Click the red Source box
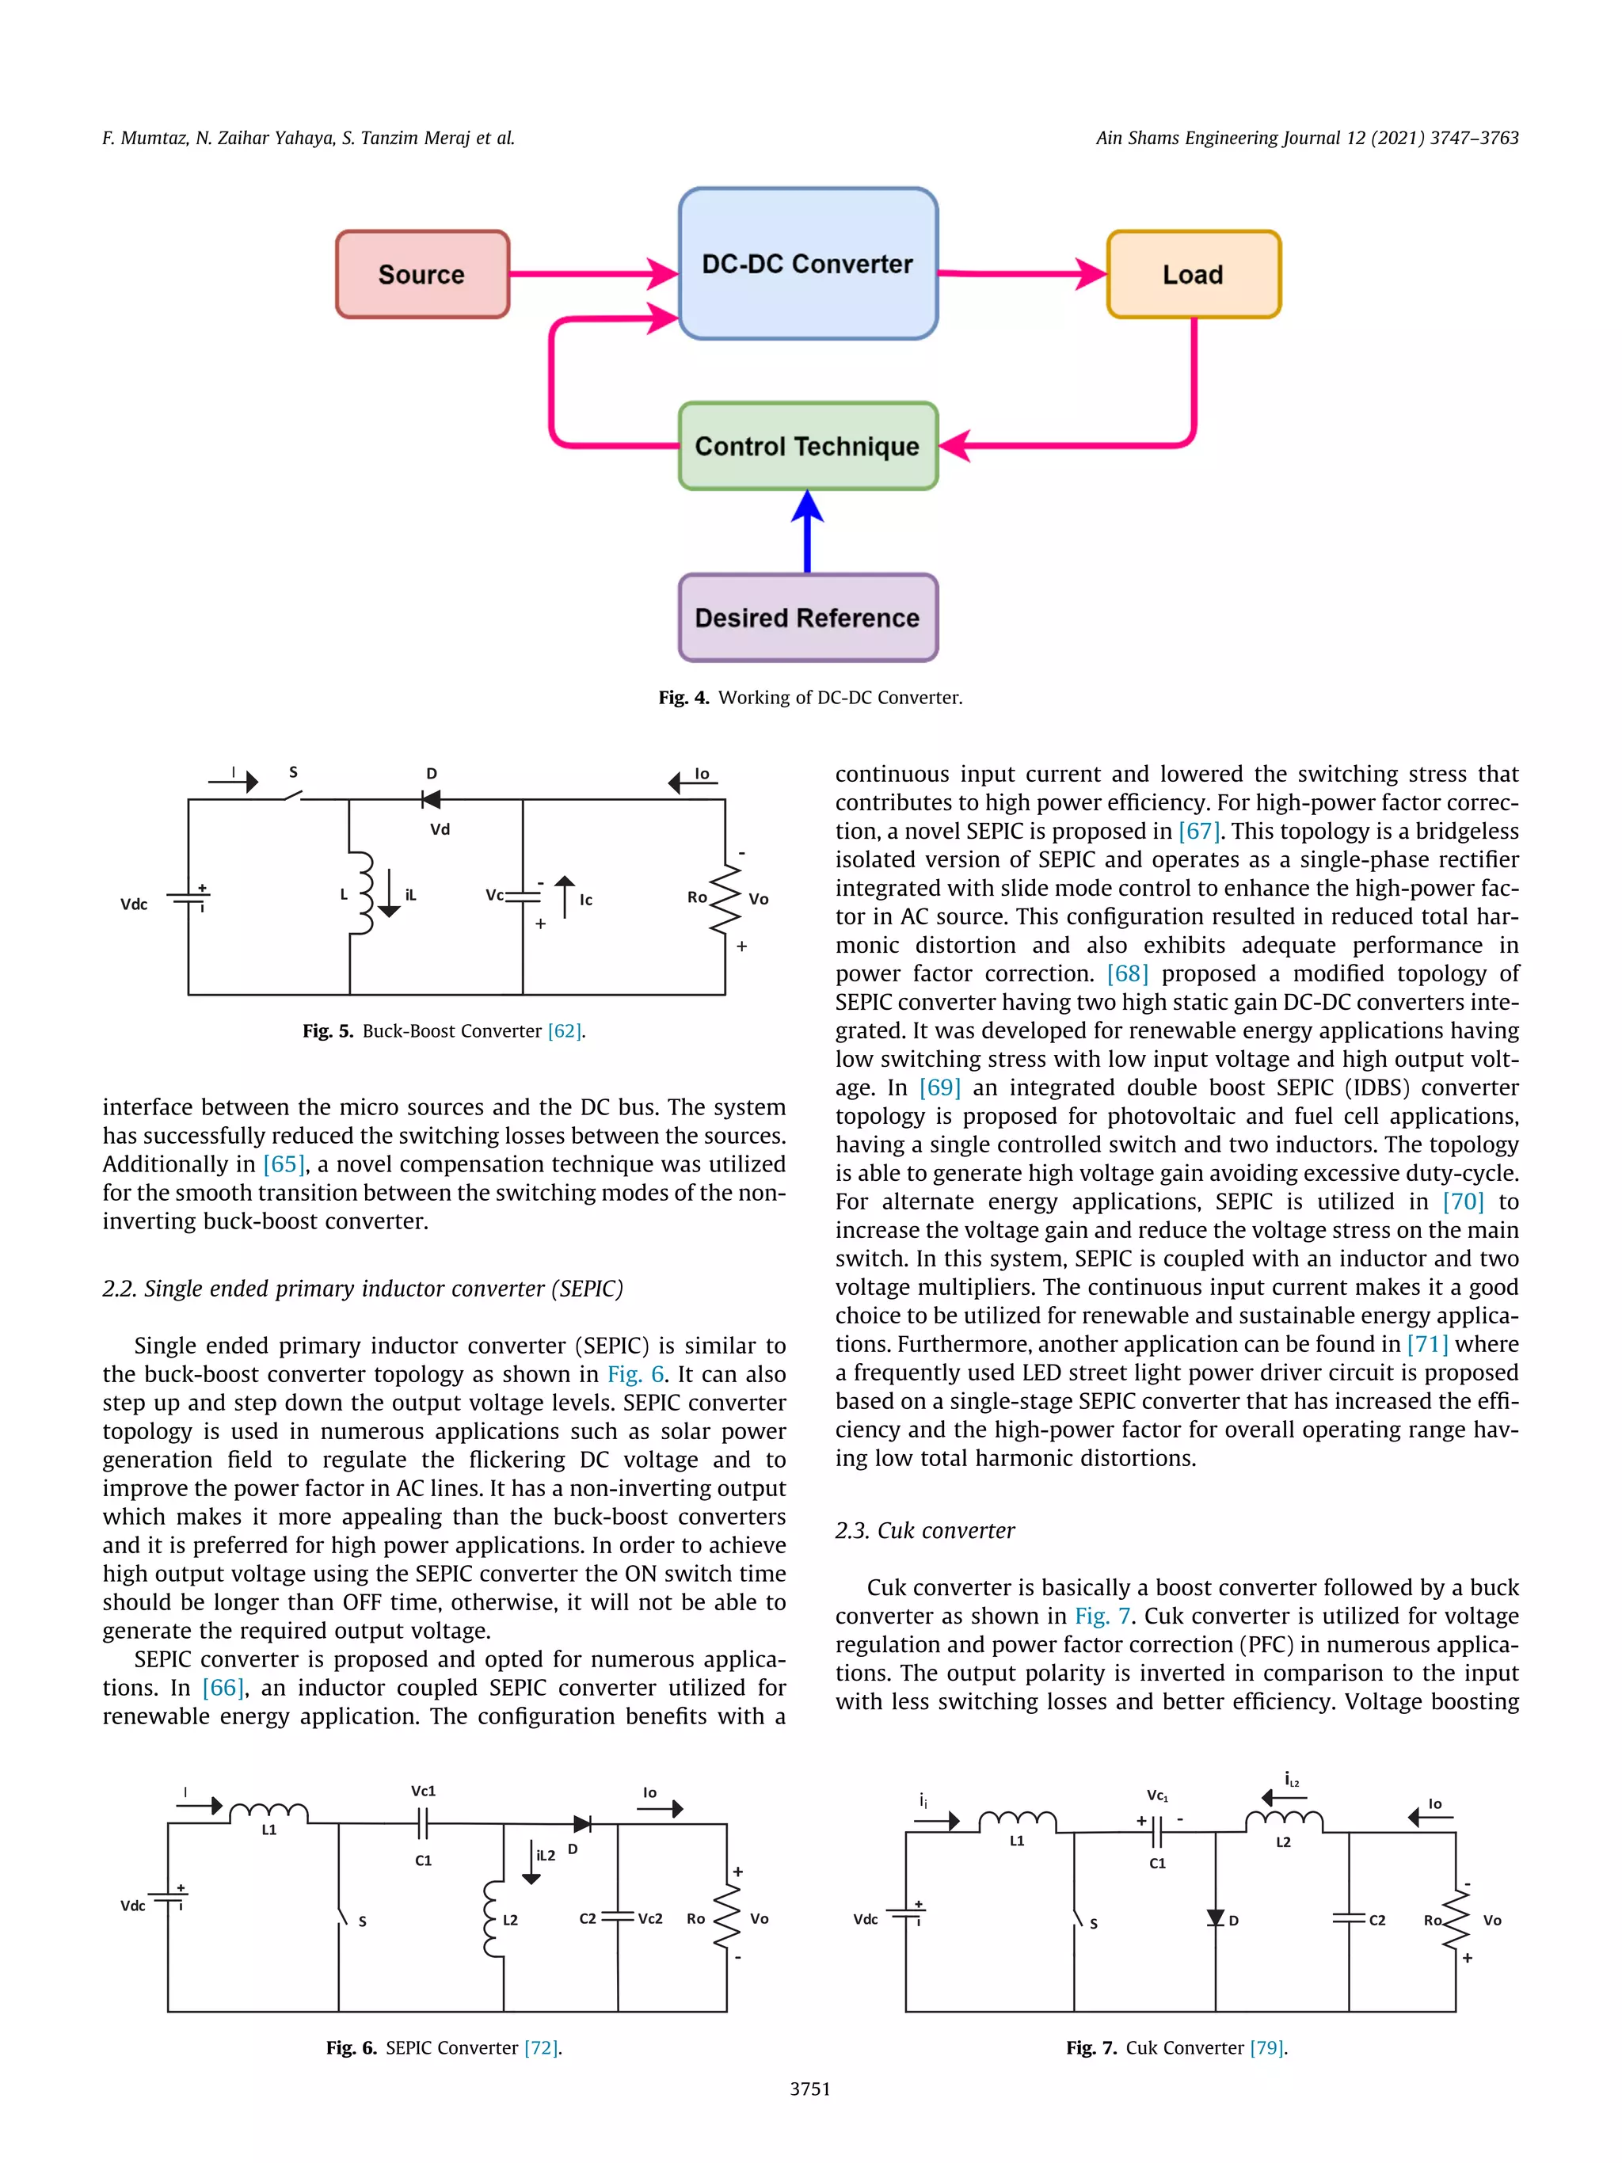click(421, 275)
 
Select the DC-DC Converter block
click(808, 264)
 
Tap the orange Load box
click(1193, 275)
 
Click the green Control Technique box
click(808, 446)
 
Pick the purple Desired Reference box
click(808, 618)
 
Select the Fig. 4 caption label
click(683, 697)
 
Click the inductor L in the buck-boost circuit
click(364, 893)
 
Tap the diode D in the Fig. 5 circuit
click(430, 799)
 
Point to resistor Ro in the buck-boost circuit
click(725, 897)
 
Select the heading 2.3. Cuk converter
click(924, 1530)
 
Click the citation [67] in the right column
click(1198, 831)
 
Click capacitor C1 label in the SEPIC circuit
click(424, 1860)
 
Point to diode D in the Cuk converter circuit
click(1215, 1918)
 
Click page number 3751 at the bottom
click(809, 2089)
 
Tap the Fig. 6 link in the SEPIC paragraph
click(635, 1374)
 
